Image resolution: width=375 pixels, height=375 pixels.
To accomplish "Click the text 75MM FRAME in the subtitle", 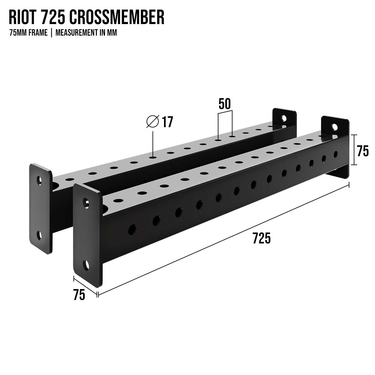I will click(x=28, y=33).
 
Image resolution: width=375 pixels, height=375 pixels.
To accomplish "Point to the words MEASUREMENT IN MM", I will click(x=86, y=33).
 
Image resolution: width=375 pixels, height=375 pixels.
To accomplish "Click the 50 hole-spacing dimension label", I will click(x=224, y=104).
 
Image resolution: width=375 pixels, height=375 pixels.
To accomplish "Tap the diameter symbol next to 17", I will click(x=152, y=122).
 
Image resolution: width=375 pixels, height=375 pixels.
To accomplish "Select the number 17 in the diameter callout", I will click(x=167, y=122).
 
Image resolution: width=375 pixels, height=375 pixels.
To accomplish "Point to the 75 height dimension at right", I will click(x=362, y=152).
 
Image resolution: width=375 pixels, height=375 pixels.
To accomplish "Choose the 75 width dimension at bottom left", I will click(x=79, y=295).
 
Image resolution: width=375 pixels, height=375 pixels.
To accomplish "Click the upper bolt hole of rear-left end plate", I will click(x=39, y=180).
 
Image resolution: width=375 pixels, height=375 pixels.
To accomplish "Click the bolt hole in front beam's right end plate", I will click(x=334, y=127).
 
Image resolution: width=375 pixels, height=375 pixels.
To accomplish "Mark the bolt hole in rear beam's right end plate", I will click(x=284, y=118).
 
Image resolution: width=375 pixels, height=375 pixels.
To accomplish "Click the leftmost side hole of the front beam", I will click(x=132, y=229).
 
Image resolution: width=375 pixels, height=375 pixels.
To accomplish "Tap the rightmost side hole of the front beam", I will click(x=336, y=154).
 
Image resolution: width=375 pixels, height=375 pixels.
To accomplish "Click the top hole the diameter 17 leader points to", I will click(x=152, y=157).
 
